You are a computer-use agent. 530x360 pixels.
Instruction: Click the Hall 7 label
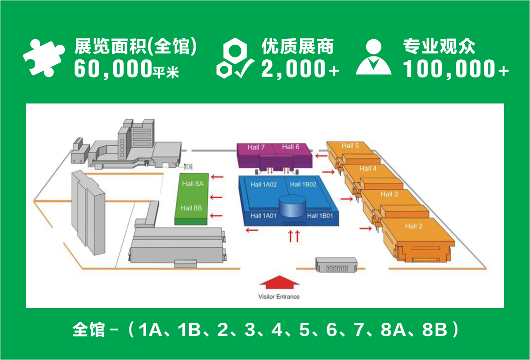pyautogui.click(x=256, y=147)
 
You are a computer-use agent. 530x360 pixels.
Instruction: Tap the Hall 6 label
pyautogui.click(x=291, y=147)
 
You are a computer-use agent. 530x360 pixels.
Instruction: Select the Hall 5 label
pyautogui.click(x=350, y=146)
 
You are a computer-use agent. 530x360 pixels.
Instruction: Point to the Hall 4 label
pyautogui.click(x=368, y=168)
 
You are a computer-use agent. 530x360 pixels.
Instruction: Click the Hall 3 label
pyautogui.click(x=389, y=194)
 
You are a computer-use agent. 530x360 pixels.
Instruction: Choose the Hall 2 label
pyautogui.click(x=413, y=226)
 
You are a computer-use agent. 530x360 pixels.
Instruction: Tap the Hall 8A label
pyautogui.click(x=192, y=183)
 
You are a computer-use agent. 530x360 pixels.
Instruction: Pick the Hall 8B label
pyautogui.click(x=191, y=208)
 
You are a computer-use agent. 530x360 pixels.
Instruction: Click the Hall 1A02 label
pyautogui.click(x=264, y=184)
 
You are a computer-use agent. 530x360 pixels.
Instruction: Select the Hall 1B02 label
pyautogui.click(x=303, y=184)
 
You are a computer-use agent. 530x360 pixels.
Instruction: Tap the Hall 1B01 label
pyautogui.click(x=320, y=216)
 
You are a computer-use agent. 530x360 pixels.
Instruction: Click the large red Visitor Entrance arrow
pyautogui.click(x=278, y=283)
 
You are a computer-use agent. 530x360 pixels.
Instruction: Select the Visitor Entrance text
pyautogui.click(x=279, y=297)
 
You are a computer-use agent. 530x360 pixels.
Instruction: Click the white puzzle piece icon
pyautogui.click(x=44, y=57)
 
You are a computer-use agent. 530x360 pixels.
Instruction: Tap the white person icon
pyautogui.click(x=374, y=58)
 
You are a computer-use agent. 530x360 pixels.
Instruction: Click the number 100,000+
pyautogui.click(x=456, y=69)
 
